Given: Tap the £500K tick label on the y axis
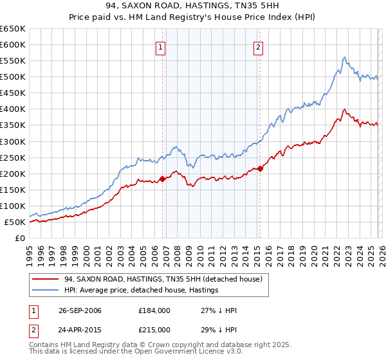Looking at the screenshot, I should [x=13, y=77].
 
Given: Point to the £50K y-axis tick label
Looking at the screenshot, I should [x=15, y=222].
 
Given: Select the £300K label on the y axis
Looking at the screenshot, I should [x=13, y=141].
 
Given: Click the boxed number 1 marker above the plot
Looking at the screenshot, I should [x=160, y=46].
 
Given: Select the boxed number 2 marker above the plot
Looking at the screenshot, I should [x=258, y=46].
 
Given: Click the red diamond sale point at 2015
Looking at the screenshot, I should [x=260, y=168].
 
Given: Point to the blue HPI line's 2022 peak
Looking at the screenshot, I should [x=345, y=57].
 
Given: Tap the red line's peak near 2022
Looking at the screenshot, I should [x=345, y=109].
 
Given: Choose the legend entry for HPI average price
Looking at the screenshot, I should [x=142, y=291].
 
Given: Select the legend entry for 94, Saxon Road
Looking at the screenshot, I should [x=163, y=280].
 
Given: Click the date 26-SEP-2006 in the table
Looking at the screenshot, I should [x=78, y=310].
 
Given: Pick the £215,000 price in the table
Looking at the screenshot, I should [x=155, y=329].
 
